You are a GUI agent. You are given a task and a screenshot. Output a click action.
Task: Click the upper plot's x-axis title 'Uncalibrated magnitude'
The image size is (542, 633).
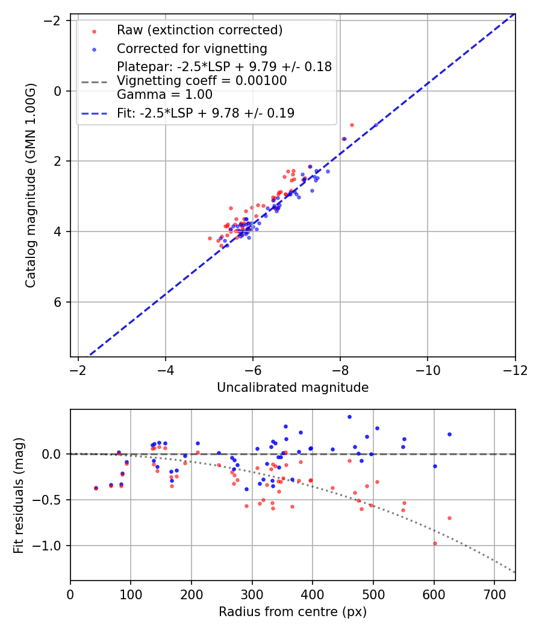coord(293,388)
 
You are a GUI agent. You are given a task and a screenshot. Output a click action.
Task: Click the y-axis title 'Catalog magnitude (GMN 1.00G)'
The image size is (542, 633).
coord(31,185)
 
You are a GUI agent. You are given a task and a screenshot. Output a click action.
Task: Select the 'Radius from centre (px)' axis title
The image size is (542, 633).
coord(293,612)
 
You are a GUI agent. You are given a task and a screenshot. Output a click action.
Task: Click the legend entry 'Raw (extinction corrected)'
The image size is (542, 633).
coord(199,30)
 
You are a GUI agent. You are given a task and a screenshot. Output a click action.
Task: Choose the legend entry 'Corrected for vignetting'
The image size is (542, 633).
coord(192,48)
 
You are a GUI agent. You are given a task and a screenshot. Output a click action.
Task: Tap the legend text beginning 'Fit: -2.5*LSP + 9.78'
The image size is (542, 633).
coord(205,113)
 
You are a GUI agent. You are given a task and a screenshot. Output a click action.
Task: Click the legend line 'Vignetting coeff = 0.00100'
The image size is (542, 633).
coord(202,81)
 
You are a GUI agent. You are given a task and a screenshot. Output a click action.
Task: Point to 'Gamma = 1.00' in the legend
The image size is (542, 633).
coord(164,95)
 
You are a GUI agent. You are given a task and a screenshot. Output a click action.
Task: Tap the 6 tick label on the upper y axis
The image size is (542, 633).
coord(58,302)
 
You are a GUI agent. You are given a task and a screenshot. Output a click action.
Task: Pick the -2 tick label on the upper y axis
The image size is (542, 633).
coord(54,20)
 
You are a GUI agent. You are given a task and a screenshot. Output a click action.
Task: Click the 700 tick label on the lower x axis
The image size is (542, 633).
coord(494,594)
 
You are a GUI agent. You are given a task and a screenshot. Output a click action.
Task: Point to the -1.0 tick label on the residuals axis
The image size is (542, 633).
coord(50,546)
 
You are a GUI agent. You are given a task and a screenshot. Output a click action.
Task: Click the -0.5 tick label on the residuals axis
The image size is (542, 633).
coord(50,500)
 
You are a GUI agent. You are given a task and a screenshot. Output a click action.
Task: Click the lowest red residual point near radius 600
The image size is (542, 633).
coord(435,543)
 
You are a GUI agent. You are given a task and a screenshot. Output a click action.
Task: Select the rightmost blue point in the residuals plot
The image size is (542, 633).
coord(449,434)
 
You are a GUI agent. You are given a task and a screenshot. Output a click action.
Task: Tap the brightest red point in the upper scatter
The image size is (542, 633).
coord(352,125)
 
